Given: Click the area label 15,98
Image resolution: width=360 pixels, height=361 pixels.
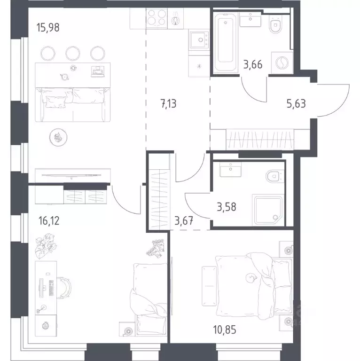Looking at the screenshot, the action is pos(48,28).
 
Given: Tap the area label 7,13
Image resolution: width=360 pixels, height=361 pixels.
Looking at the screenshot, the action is pos(169,104).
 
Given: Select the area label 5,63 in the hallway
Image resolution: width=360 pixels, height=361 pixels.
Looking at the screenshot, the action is pos(296,104).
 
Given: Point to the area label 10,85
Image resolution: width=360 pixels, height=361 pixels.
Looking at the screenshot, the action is pos(225,330).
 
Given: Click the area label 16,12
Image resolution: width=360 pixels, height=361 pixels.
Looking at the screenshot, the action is pos(49,220).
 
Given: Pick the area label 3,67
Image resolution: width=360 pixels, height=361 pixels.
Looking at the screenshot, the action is pos(184,221).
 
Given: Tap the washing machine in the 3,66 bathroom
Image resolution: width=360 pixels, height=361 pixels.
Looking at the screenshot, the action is pos(282,63).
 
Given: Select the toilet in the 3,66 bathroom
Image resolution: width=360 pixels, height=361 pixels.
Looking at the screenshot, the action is pos(275,24).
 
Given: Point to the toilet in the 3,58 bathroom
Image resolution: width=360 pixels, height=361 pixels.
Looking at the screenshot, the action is pos(274,177).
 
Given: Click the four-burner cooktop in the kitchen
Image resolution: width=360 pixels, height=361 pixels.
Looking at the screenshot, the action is pos(157,18).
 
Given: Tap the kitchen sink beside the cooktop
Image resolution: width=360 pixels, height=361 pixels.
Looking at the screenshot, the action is pos(199,40).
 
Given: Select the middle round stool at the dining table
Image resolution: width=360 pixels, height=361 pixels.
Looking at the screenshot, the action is pos(73,54).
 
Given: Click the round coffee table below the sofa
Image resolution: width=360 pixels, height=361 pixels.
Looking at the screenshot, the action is pos(58,137).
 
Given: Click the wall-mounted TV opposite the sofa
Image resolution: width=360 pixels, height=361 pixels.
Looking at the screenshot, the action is pos(71,175).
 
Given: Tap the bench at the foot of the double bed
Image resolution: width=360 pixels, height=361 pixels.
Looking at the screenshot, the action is pos(209,286).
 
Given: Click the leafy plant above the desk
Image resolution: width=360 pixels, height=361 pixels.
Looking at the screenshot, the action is pos(46,245).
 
